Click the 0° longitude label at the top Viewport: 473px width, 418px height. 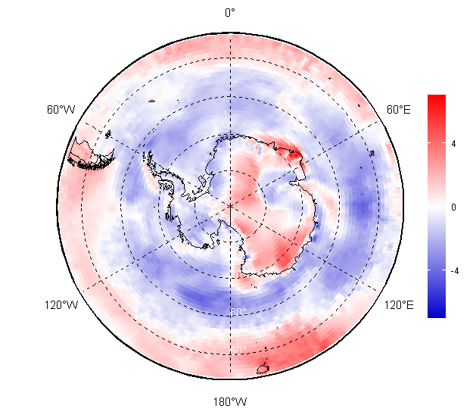[230, 12]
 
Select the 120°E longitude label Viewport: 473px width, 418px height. [399, 305]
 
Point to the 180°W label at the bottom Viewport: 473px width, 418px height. [230, 401]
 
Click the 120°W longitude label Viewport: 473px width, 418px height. [61, 305]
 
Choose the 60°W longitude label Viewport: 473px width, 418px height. [61, 110]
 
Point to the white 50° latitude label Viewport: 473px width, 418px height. [238, 350]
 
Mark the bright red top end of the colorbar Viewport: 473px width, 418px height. [436, 99]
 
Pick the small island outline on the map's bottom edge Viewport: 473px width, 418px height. [263, 370]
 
